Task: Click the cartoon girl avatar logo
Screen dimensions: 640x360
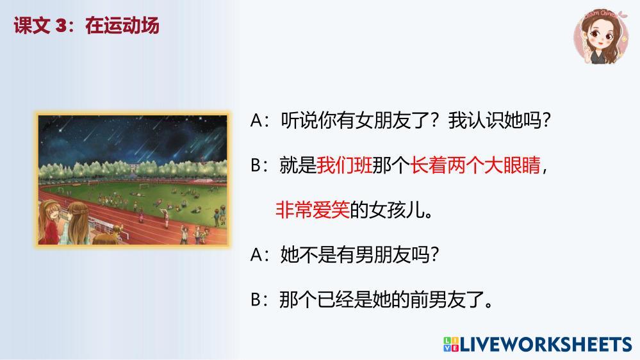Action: (601, 37)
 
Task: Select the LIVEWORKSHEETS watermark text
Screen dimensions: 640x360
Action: (546, 345)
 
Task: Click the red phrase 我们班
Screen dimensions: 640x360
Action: (344, 165)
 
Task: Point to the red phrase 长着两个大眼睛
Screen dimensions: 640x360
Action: (475, 165)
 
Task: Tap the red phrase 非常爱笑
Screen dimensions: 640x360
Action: (313, 210)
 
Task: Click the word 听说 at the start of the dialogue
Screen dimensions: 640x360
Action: (299, 120)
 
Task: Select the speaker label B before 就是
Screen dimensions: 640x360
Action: (256, 165)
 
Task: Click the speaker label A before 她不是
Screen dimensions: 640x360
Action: (256, 255)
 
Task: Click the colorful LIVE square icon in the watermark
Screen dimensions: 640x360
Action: (450, 344)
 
